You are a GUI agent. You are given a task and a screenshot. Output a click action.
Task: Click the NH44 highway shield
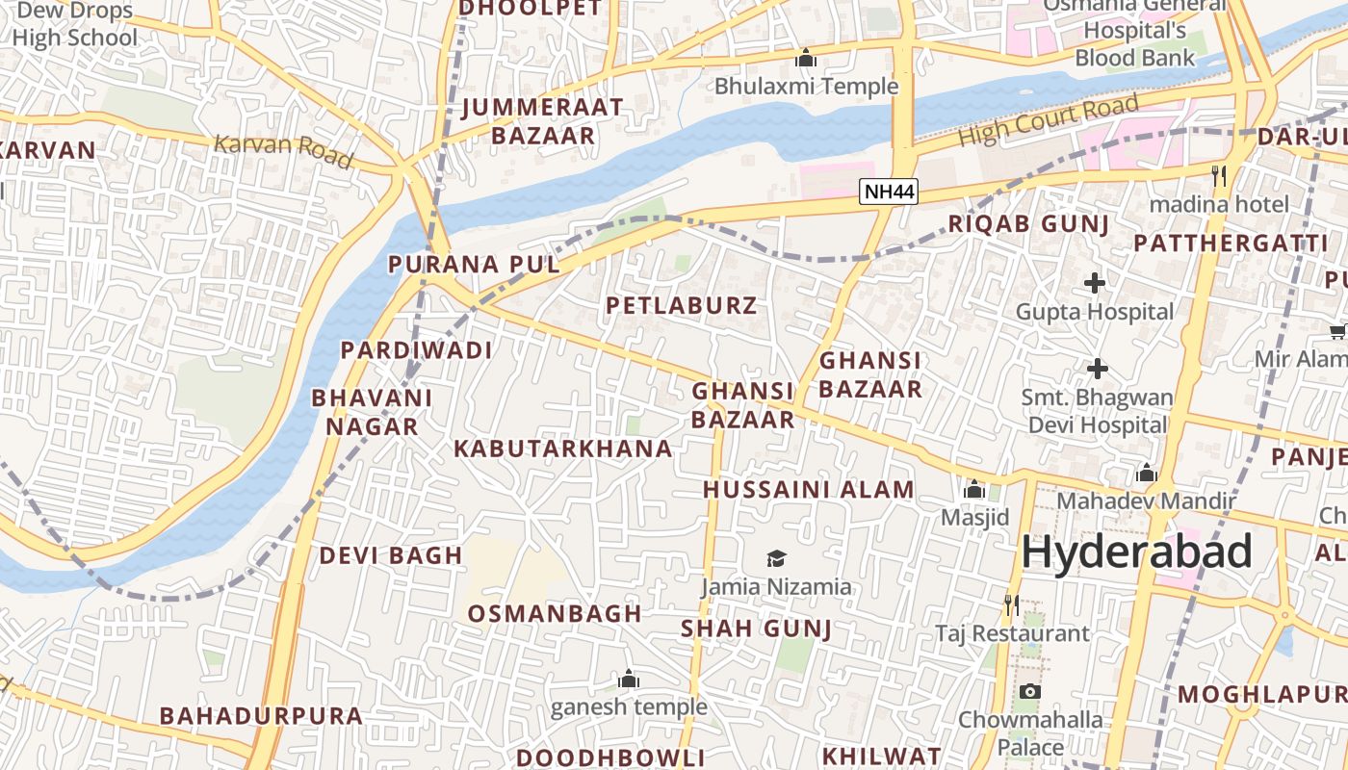coord(889,192)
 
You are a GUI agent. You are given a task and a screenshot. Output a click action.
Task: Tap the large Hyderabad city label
coord(1136,552)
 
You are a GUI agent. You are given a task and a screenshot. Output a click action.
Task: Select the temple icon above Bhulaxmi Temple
coord(806,59)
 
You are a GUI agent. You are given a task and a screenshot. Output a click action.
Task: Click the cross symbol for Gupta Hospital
coord(1095,283)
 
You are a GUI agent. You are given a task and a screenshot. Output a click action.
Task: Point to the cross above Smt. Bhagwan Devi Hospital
coord(1097,369)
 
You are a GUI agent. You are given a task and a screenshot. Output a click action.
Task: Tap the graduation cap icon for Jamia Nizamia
coord(776,558)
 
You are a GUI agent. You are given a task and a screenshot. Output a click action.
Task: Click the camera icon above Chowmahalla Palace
coord(1029,691)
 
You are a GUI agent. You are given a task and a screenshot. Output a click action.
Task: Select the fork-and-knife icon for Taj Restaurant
coord(1011,604)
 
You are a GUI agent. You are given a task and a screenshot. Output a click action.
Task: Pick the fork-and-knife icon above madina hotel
coord(1219,175)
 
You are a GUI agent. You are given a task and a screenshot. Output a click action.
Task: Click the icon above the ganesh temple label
coord(629,680)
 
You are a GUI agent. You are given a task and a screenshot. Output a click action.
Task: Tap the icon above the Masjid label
coord(973,489)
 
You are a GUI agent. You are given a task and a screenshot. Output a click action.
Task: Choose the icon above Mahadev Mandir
coord(1146,473)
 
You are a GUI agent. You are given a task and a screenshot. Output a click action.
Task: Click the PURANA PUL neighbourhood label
coord(474,265)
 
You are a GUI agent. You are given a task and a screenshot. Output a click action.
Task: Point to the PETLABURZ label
coord(682,306)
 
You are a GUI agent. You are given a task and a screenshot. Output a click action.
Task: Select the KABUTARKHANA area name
coord(563,449)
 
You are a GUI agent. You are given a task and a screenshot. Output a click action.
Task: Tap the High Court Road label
coord(1049,121)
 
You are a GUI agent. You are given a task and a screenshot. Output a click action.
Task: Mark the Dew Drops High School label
coord(75,25)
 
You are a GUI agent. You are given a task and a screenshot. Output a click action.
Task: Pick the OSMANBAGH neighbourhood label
coord(555,613)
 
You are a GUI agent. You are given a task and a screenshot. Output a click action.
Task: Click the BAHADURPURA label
coord(261,716)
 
